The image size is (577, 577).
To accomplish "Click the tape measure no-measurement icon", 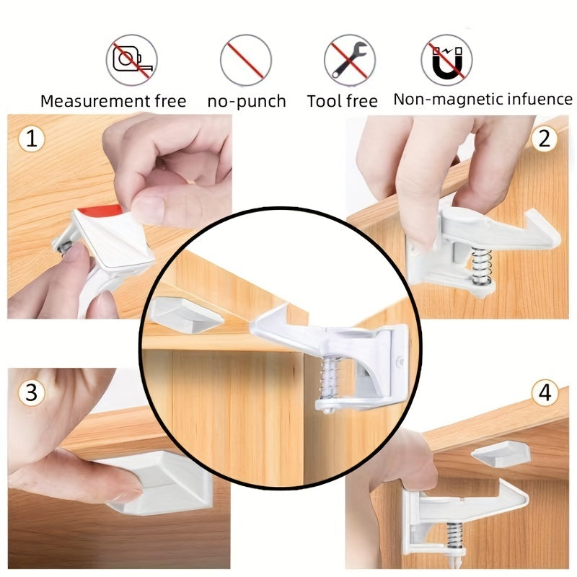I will (132, 59).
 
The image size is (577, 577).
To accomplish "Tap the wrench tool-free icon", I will (350, 59).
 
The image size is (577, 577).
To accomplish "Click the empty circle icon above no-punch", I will (245, 59).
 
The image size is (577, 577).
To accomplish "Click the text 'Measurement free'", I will (113, 101).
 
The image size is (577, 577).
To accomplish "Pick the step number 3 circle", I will (30, 393).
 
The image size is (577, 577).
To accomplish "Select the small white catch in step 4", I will (501, 453).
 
